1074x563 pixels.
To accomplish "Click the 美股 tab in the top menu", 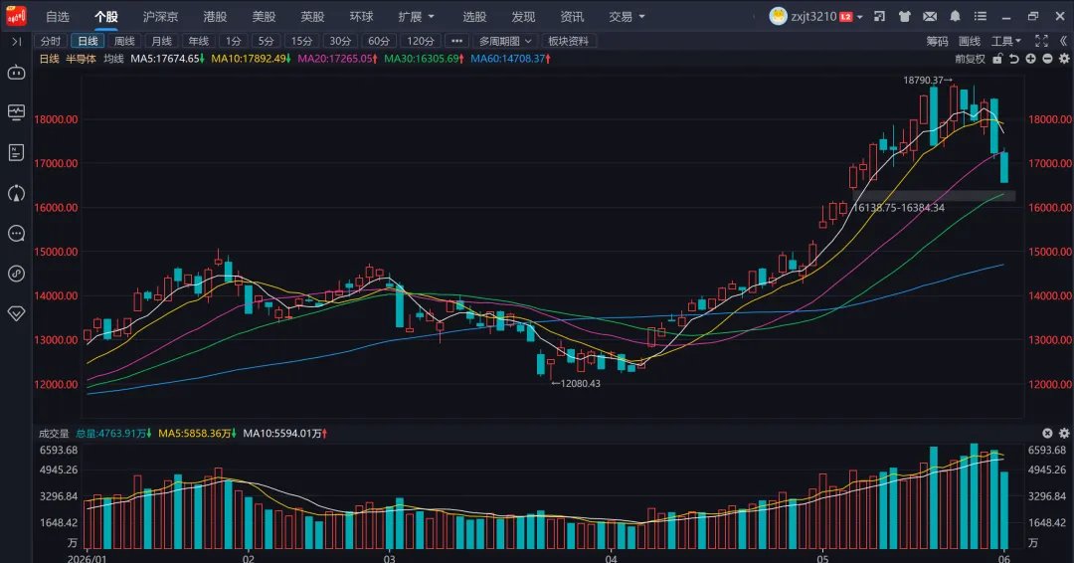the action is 264,17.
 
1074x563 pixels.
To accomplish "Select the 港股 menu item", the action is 215,17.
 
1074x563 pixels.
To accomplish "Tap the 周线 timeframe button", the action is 124,41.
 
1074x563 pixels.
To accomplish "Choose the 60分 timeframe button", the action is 379,41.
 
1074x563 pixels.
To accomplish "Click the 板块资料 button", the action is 569,41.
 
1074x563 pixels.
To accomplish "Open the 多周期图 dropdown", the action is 505,41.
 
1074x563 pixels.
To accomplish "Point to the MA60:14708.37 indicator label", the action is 510,59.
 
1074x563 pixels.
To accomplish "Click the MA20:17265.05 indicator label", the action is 338,59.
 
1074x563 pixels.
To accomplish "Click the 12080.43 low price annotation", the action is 576,384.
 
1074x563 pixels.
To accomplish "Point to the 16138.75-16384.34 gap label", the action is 899,208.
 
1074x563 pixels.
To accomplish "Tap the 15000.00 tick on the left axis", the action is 56,252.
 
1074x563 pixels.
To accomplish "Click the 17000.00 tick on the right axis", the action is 1050,163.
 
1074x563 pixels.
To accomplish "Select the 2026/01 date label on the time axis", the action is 87,558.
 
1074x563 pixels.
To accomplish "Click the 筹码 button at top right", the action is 937,41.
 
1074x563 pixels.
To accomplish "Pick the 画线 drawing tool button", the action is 970,41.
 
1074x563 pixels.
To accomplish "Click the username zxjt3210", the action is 813,17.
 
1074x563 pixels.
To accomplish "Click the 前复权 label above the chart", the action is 970,59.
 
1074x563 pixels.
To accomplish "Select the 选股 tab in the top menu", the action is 474,17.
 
